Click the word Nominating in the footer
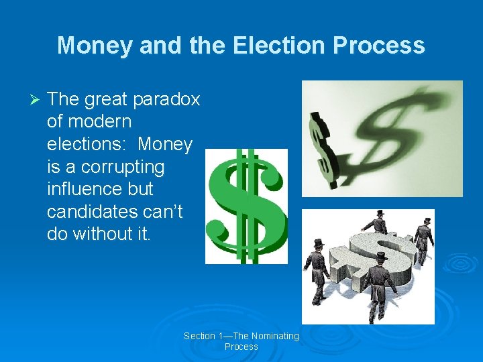tap(272, 336)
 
